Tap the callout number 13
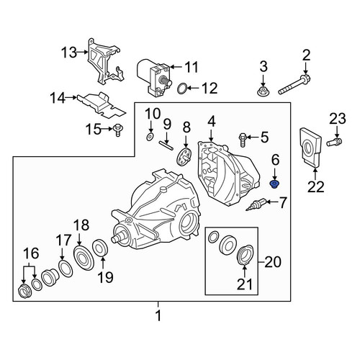pos(69,53)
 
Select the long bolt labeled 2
pos(294,84)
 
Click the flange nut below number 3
pos(263,91)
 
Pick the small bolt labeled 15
pos(117,130)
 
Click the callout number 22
pos(315,186)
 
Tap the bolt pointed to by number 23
pos(334,141)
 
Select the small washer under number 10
pos(150,137)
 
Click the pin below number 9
pos(166,145)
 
